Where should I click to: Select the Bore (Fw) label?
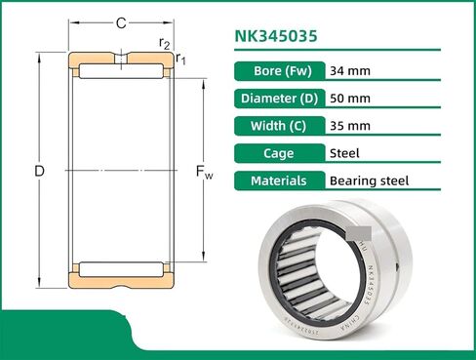pos(278,70)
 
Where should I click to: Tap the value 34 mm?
pos(351,70)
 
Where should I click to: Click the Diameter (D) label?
pos(278,98)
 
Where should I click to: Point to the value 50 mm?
pos(351,98)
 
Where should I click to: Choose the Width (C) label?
pos(278,125)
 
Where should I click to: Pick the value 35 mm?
pos(351,125)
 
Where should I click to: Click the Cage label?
pos(278,153)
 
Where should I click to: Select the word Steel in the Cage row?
pos(345,153)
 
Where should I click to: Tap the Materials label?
pos(278,180)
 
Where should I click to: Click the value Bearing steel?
pos(370,180)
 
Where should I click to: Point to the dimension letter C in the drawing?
pos(120,22)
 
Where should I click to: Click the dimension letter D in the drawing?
pos(39,172)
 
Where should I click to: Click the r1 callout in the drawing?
pos(181,60)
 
